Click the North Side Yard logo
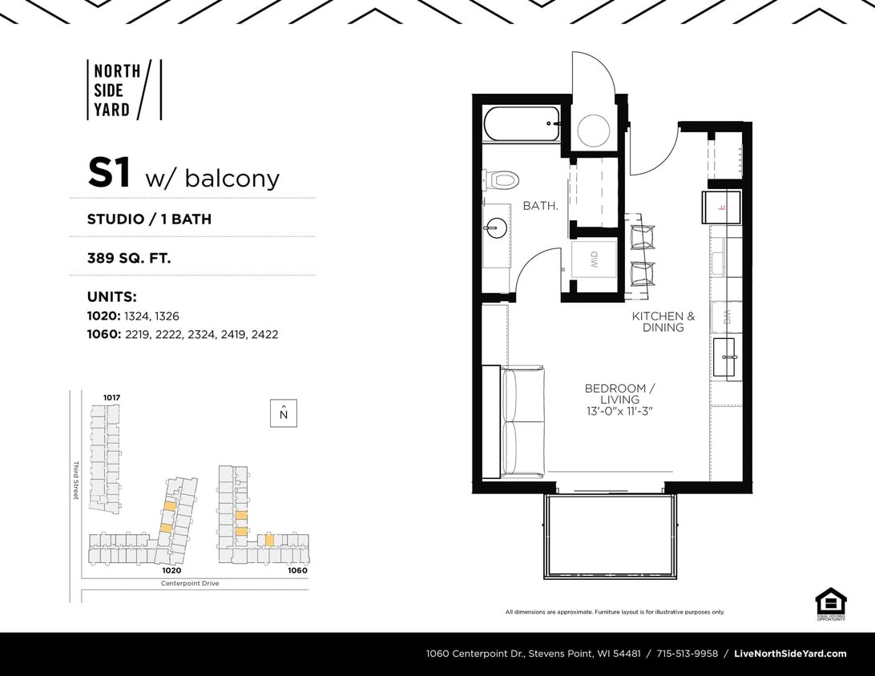[x=123, y=90]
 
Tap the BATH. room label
[x=540, y=206]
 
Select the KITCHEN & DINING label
[x=663, y=321]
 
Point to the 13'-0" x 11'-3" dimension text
[x=619, y=411]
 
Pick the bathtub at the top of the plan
[x=522, y=125]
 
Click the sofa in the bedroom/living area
[x=522, y=422]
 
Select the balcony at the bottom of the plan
[x=611, y=534]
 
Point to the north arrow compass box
[x=283, y=412]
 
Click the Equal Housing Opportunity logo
[x=830, y=604]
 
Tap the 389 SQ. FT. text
[x=129, y=259]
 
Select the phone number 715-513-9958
[x=687, y=654]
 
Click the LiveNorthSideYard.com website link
[x=790, y=654]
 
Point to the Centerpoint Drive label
[x=190, y=583]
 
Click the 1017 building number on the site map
[x=111, y=397]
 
